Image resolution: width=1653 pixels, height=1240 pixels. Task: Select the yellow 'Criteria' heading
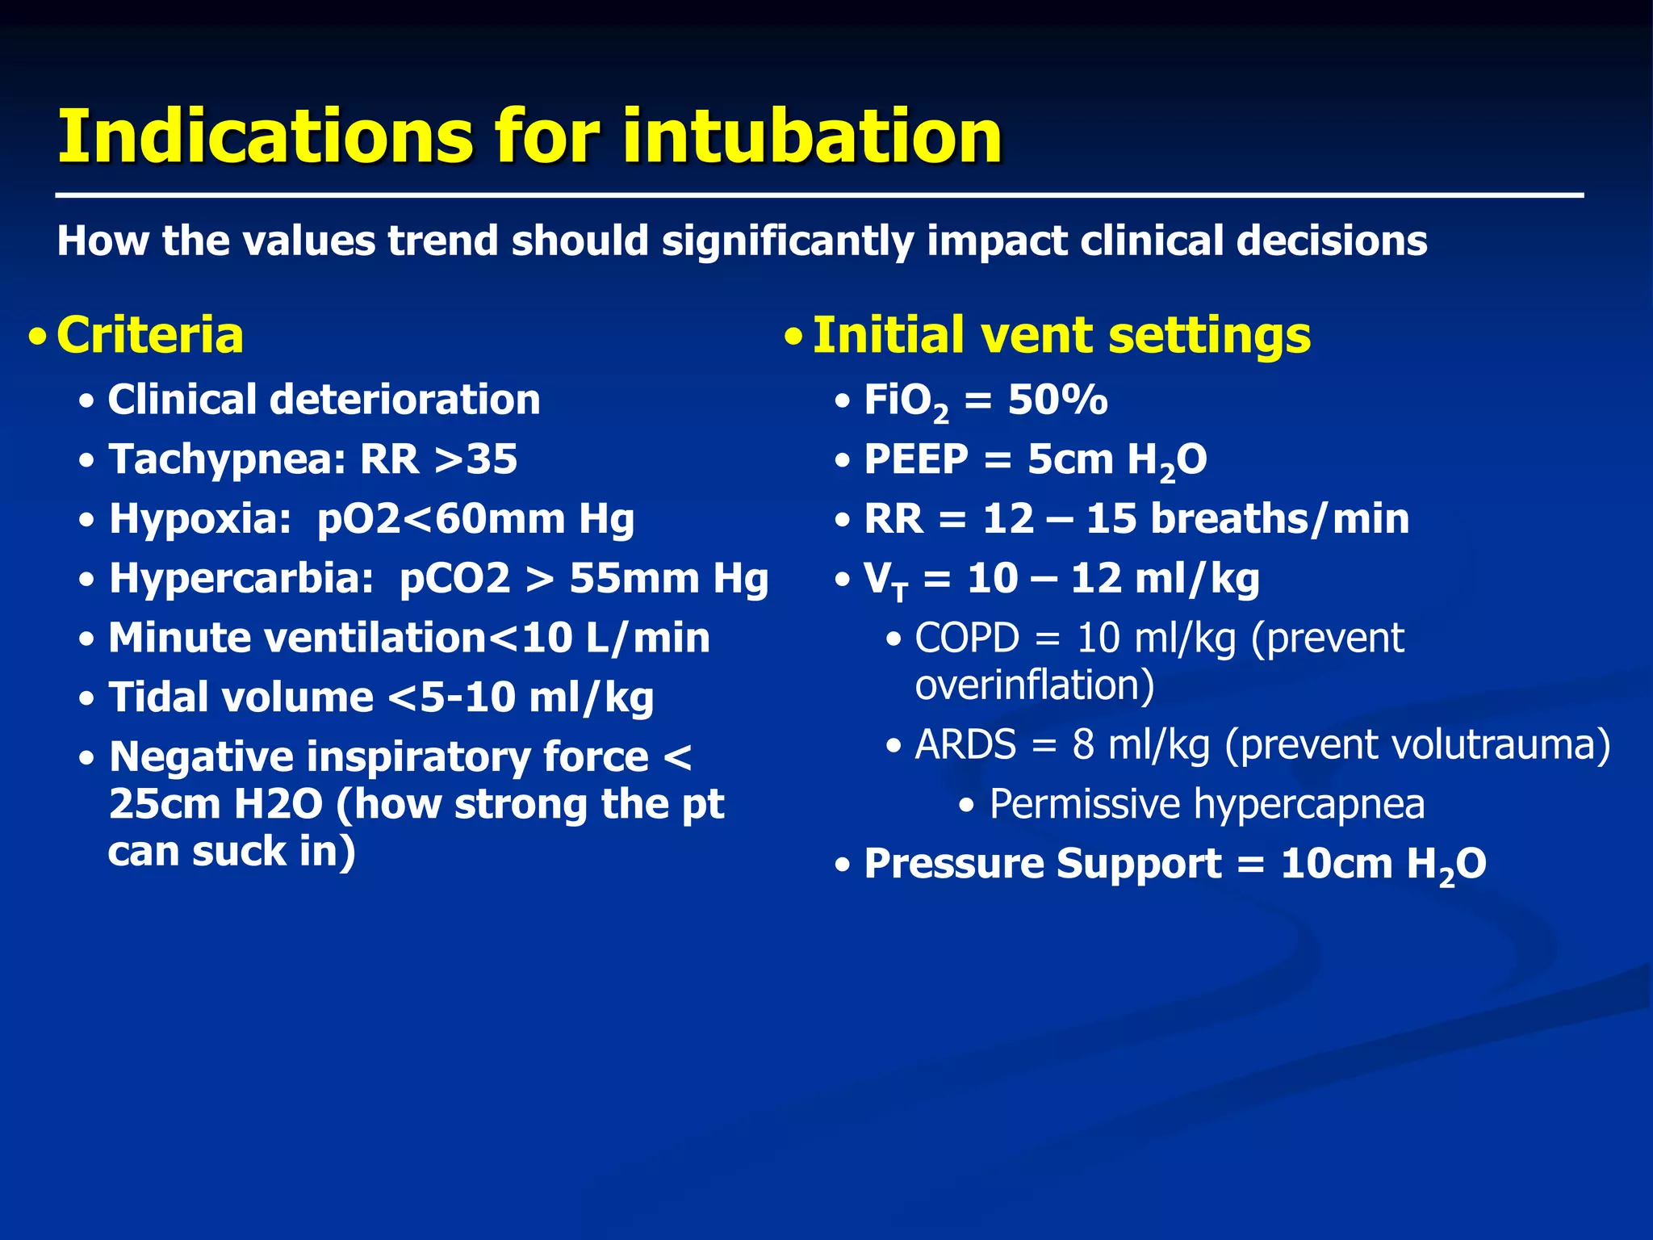(x=150, y=335)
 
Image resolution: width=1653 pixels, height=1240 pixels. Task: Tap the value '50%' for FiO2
(x=1058, y=400)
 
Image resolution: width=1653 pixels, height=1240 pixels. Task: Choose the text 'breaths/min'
(x=1279, y=518)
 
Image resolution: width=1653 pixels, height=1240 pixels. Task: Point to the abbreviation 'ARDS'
(x=965, y=744)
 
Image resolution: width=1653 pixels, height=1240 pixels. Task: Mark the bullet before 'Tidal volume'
(x=87, y=699)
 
